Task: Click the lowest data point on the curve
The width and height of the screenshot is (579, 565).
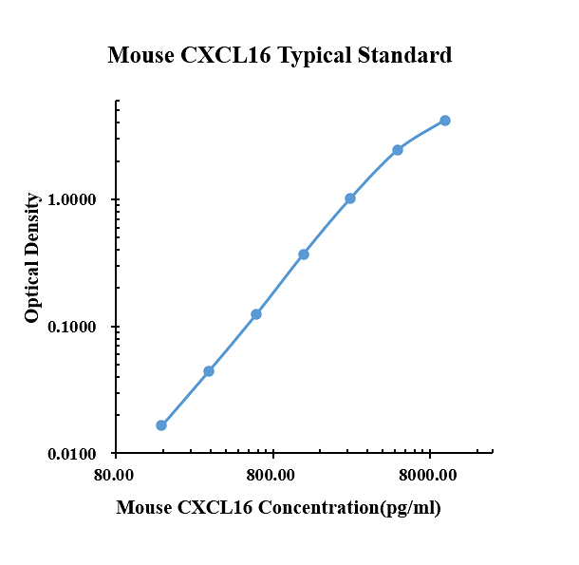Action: click(161, 425)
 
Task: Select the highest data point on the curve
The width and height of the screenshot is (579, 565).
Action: click(445, 121)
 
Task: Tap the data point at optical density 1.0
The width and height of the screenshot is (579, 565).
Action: click(350, 198)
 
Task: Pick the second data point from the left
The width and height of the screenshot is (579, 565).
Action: click(209, 371)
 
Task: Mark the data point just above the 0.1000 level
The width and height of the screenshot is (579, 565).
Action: click(256, 314)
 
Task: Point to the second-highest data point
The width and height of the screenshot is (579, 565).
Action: click(398, 150)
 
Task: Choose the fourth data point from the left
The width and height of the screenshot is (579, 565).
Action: click(304, 254)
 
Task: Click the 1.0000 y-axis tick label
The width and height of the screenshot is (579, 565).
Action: click(71, 200)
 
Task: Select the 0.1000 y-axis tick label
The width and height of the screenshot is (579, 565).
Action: click(71, 327)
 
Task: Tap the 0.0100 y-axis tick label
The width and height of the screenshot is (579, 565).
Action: click(71, 454)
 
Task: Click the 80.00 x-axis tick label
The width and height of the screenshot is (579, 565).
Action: click(114, 475)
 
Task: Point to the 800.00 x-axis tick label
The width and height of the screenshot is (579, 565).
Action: click(271, 475)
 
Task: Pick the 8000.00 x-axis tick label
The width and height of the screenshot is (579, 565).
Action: click(427, 475)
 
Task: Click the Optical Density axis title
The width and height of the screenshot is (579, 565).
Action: click(31, 257)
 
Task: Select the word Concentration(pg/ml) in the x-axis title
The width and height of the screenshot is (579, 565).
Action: click(349, 508)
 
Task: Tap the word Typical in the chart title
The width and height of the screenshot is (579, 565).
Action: click(314, 56)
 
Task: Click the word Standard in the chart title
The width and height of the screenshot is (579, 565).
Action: click(404, 55)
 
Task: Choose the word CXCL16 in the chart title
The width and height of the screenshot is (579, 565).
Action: click(226, 55)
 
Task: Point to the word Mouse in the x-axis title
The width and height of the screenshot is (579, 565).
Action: click(144, 507)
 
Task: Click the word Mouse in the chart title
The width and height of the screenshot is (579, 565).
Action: click(141, 55)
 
